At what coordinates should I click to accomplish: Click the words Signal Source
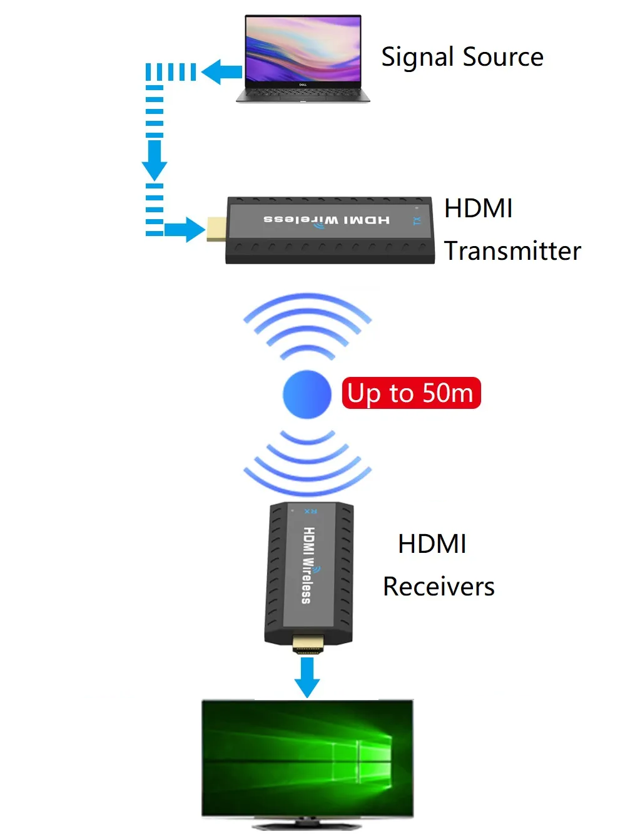[x=462, y=58]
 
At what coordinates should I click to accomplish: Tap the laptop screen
[x=303, y=49]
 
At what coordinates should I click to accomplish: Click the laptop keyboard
[x=303, y=93]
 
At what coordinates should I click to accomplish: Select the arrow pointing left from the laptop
[x=221, y=72]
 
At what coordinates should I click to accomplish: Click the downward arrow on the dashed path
[x=155, y=160]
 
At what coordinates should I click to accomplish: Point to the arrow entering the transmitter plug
[x=185, y=230]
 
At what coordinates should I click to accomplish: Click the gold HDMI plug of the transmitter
[x=216, y=229]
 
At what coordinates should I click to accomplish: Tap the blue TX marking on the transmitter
[x=417, y=221]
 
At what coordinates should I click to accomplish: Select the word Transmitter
[x=512, y=251]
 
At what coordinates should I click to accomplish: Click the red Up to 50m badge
[x=412, y=393]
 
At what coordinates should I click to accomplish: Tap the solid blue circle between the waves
[x=307, y=394]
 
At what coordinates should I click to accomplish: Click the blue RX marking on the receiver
[x=311, y=512]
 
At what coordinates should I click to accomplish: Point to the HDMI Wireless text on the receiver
[x=310, y=565]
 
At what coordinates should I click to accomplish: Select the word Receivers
[x=439, y=587]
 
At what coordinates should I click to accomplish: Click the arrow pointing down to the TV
[x=307, y=677]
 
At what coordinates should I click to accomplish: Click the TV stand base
[x=307, y=825]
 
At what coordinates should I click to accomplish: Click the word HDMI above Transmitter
[x=478, y=209]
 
